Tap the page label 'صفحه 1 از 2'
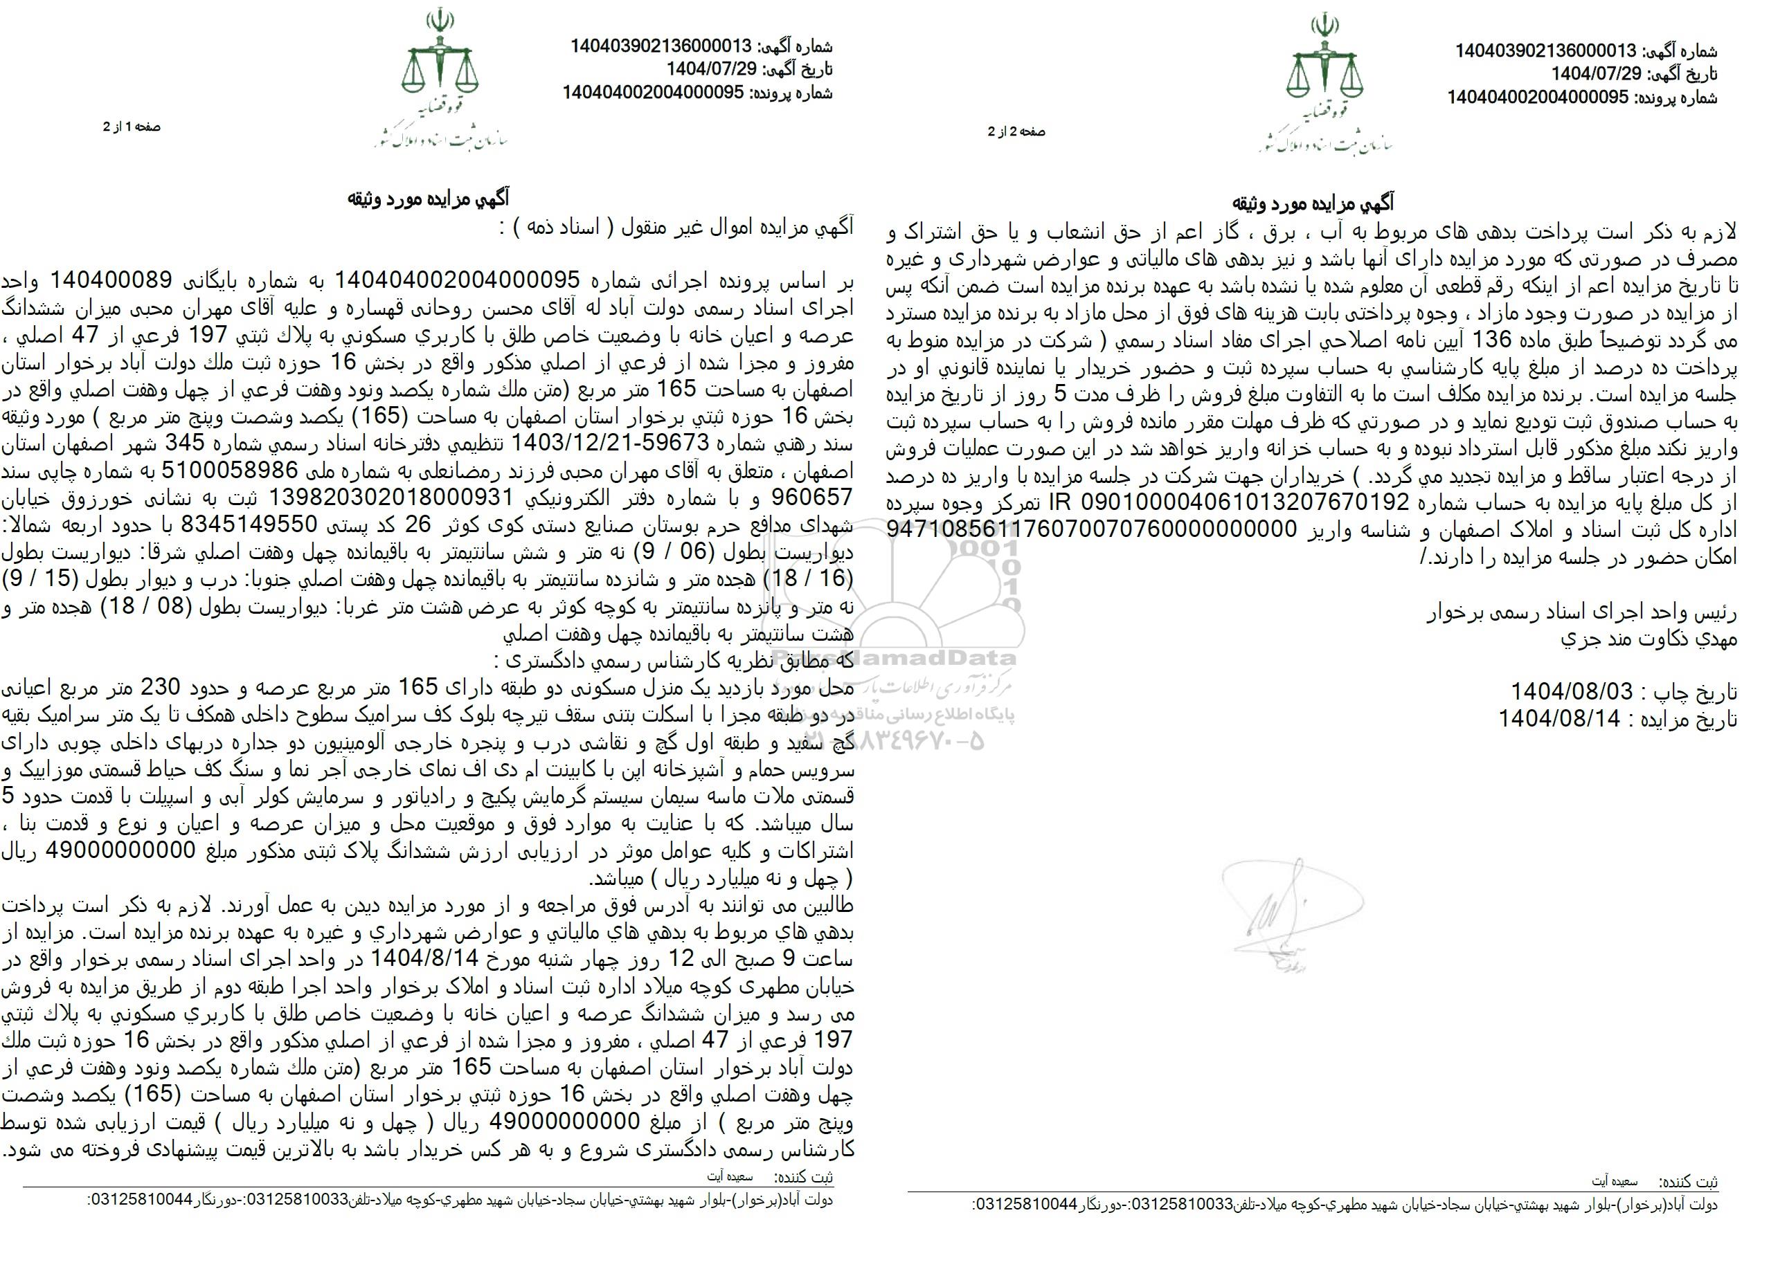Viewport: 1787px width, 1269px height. pos(132,126)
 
